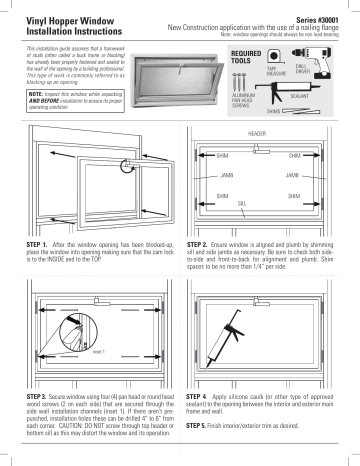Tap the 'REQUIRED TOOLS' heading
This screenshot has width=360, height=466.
point(246,56)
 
